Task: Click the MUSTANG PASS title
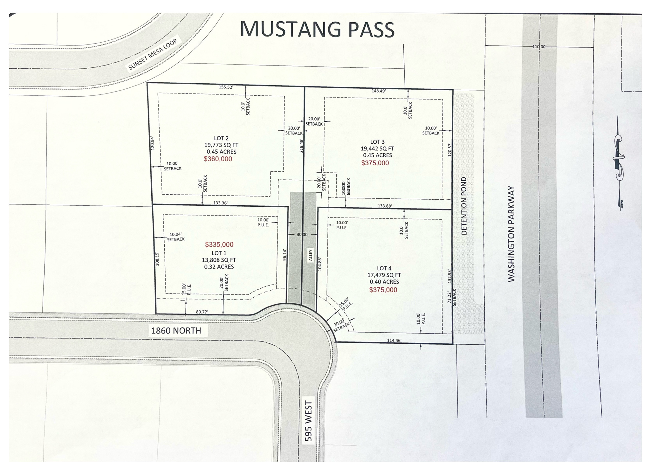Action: point(317,29)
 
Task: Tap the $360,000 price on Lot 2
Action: point(218,159)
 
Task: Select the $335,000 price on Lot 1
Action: point(219,245)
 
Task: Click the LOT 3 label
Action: point(377,142)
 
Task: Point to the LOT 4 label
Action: point(384,268)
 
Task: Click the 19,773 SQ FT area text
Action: point(221,145)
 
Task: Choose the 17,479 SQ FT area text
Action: point(384,275)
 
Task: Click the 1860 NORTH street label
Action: point(176,331)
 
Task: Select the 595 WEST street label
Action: point(308,421)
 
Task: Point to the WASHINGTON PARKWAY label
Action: point(511,234)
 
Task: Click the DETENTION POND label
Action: point(464,206)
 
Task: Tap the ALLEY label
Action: point(311,255)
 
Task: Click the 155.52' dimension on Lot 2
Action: point(226,87)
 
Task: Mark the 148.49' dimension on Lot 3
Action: point(379,91)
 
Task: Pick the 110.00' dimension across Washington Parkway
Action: point(539,47)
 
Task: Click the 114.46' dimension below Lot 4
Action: point(394,340)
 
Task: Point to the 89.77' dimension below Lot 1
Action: point(202,312)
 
